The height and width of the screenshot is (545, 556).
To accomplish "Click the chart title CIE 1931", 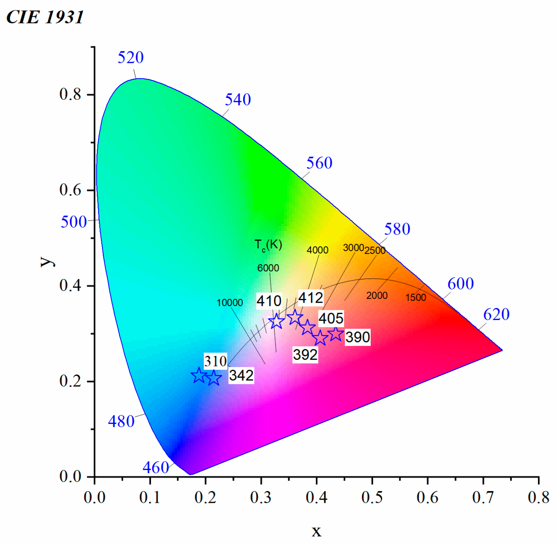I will click(x=45, y=17).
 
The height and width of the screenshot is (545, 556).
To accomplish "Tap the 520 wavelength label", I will click(x=131, y=58).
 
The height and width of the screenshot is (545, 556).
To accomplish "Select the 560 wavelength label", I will click(x=319, y=163).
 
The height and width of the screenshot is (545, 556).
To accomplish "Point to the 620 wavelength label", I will click(x=496, y=314).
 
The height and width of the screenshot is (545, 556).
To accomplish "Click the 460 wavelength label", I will click(x=156, y=468).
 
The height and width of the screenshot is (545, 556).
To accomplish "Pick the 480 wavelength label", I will click(x=121, y=422).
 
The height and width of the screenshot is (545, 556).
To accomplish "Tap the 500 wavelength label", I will click(x=74, y=222).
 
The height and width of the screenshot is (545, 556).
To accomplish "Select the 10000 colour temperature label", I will click(x=229, y=303).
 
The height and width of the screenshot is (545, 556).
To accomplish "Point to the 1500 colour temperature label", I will click(x=415, y=297).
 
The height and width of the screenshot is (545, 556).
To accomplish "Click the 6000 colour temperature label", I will click(x=268, y=268).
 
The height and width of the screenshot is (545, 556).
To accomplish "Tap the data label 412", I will click(x=311, y=298).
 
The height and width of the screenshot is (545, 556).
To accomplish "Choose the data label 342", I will click(x=241, y=375).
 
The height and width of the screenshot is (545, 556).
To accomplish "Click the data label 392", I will click(x=305, y=355).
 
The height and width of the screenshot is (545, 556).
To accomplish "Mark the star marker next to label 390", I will click(x=335, y=334).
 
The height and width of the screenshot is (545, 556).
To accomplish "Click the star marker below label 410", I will click(x=276, y=321).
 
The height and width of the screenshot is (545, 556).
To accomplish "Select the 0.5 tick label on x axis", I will click(x=372, y=498).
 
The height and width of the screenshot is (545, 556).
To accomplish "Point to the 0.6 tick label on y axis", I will click(x=70, y=190).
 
